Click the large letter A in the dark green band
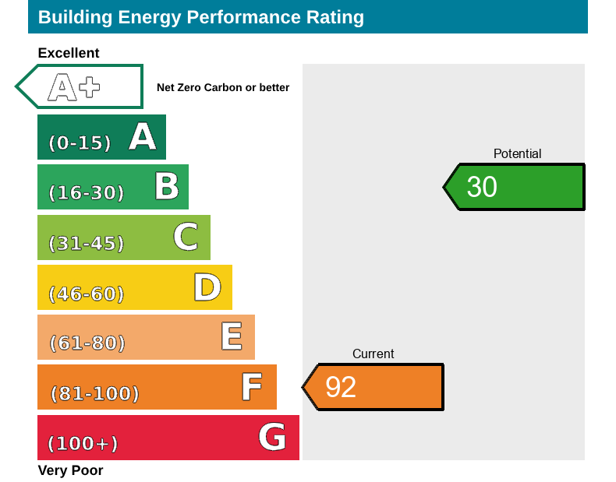(x=143, y=137)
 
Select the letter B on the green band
(x=166, y=187)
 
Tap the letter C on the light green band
(x=186, y=237)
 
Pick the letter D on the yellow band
(x=207, y=287)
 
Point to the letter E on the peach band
(x=231, y=336)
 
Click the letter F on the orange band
(x=251, y=387)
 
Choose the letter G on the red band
(x=272, y=437)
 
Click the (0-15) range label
(x=80, y=143)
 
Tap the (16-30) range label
(x=86, y=193)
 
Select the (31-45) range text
(x=86, y=244)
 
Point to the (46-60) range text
(x=86, y=294)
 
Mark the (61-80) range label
(x=87, y=343)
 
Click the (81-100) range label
(x=94, y=394)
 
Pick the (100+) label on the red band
(x=83, y=444)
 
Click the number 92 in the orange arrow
(x=341, y=387)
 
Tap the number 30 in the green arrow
(x=482, y=187)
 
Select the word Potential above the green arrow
(x=517, y=154)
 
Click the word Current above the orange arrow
(x=373, y=354)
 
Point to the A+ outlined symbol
(x=74, y=87)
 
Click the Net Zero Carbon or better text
(x=223, y=88)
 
